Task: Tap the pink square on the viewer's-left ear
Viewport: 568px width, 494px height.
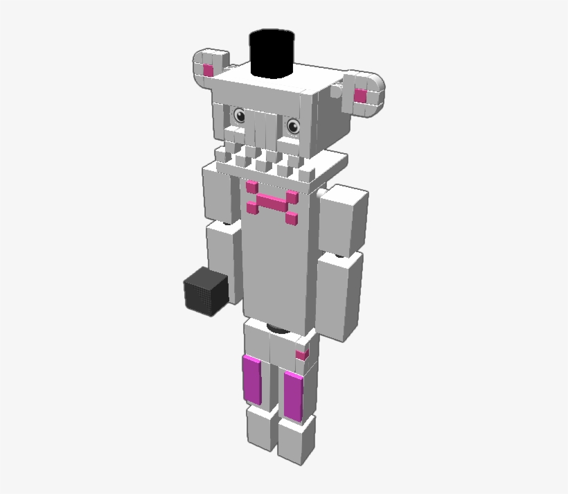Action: coord(208,69)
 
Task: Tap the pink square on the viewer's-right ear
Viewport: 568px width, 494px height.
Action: coord(361,96)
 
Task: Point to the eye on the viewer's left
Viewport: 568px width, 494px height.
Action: coord(240,116)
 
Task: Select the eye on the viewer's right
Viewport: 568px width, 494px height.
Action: coord(293,125)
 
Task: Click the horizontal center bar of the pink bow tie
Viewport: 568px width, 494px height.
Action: coord(270,204)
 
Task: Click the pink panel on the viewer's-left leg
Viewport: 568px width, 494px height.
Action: coord(252,379)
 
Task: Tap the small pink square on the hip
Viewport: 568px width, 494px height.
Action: coord(301,355)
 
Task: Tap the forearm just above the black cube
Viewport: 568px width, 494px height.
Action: coord(223,256)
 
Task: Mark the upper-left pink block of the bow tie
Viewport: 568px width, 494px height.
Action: coord(252,186)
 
